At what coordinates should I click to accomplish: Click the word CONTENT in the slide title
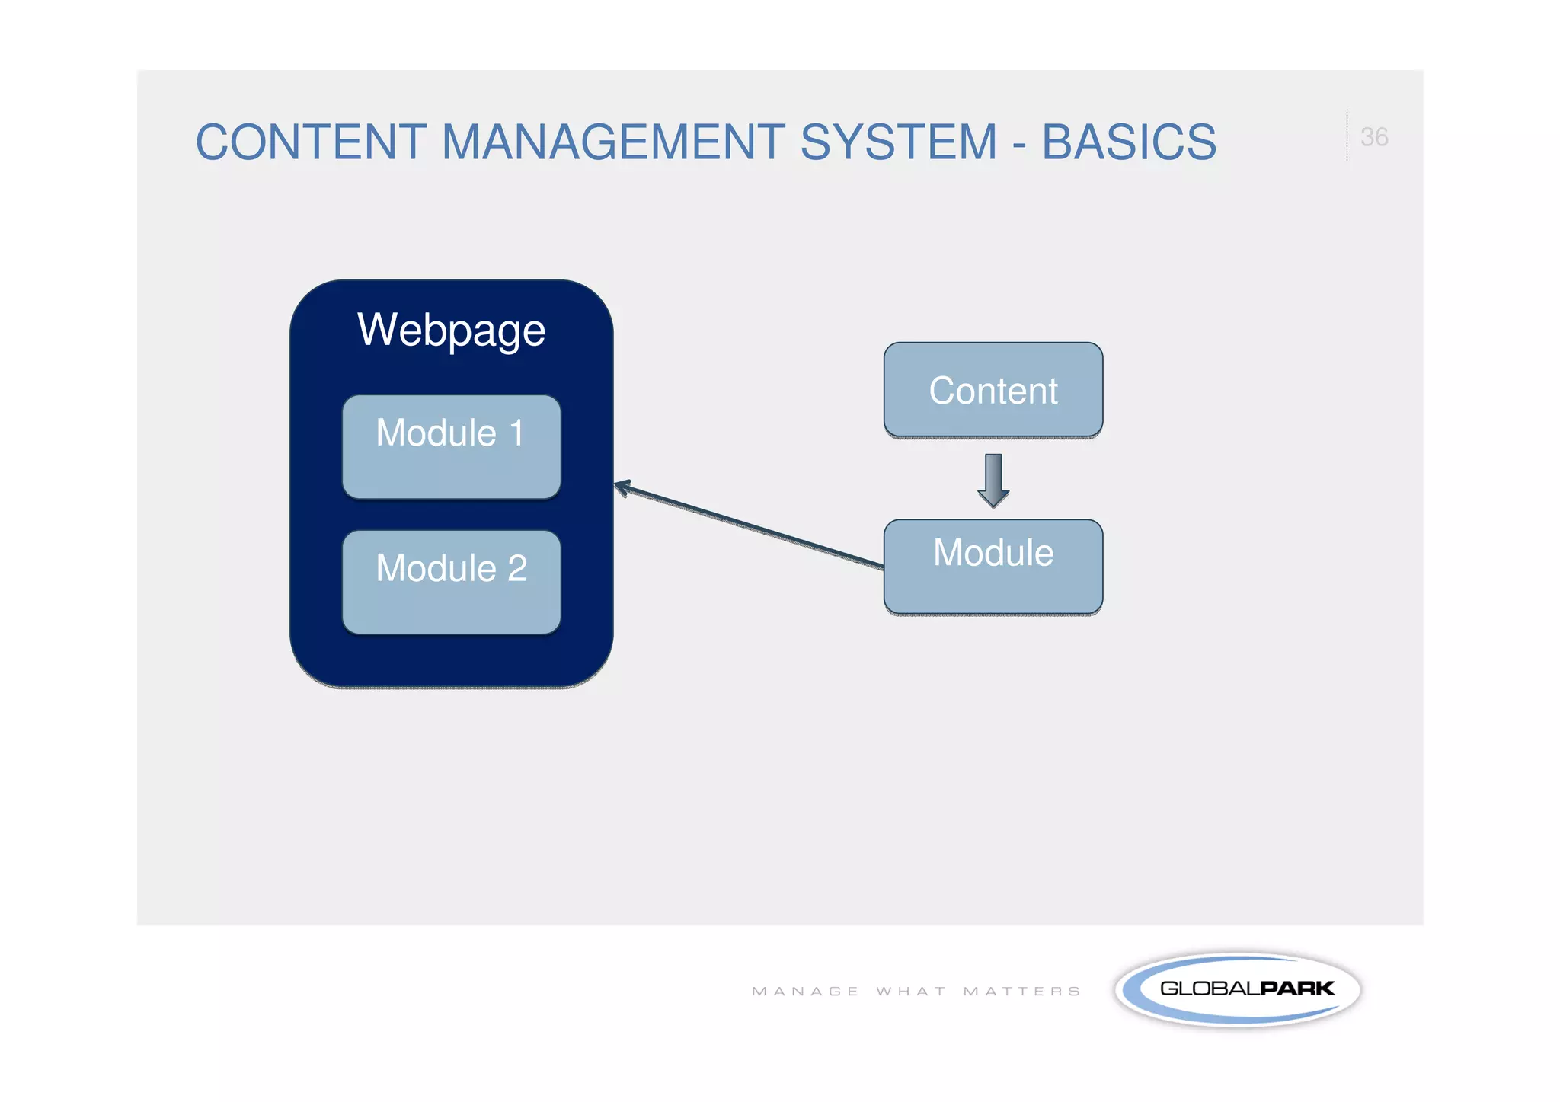coord(311,142)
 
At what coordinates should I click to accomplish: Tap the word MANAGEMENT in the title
coord(613,142)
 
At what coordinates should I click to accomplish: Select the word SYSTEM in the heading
coord(898,142)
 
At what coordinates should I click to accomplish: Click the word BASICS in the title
coord(1129,142)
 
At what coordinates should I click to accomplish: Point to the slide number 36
coord(1374,137)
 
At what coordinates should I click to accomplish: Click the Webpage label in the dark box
coord(451,330)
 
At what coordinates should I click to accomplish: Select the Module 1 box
coord(451,447)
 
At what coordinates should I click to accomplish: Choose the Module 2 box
coord(451,582)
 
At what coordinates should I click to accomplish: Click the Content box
coord(993,390)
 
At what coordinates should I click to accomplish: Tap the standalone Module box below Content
coord(993,567)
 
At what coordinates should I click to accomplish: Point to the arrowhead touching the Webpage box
coord(622,486)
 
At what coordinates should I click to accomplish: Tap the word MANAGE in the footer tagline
coord(805,991)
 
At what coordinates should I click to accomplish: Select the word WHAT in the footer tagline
coord(911,991)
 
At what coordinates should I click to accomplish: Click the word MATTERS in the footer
coord(1021,991)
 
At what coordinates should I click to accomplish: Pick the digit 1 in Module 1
coord(517,433)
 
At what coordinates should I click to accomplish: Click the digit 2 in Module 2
coord(517,568)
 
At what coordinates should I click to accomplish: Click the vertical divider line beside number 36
coord(1347,136)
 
